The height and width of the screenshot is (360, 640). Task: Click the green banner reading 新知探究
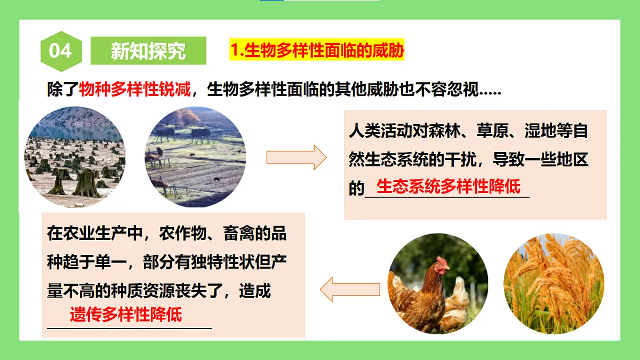point(148,51)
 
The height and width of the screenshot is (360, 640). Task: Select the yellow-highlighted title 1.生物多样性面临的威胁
point(317,51)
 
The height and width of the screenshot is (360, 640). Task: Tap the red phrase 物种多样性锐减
point(135,90)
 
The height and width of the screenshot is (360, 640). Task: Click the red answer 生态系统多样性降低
point(448,187)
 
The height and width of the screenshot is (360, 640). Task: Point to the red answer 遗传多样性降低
point(126,314)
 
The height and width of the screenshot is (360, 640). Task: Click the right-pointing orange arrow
point(296,157)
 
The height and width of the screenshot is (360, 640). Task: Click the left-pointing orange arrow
point(349,290)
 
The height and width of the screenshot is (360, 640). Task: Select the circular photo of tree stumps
point(75,157)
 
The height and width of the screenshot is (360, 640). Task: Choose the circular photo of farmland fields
point(195,157)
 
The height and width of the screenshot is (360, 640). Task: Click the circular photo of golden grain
point(554,284)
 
